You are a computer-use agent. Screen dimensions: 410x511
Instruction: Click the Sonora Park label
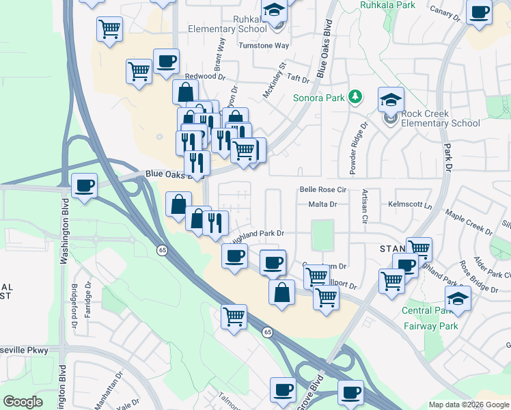[318, 98]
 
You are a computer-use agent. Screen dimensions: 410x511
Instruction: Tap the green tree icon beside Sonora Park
[355, 97]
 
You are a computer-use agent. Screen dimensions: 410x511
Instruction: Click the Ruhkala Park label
[387, 5]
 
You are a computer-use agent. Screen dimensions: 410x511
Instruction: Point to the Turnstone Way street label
[264, 45]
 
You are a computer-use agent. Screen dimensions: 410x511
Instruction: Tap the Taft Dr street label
[299, 79]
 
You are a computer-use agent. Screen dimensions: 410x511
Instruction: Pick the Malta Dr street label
[323, 204]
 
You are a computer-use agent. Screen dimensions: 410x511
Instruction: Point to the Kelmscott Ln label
[411, 204]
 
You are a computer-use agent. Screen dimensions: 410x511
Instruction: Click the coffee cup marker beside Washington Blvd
[84, 186]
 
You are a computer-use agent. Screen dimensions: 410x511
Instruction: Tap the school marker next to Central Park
[458, 299]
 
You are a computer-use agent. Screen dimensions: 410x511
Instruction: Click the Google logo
[23, 401]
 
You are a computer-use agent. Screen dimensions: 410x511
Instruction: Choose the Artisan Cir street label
[365, 207]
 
